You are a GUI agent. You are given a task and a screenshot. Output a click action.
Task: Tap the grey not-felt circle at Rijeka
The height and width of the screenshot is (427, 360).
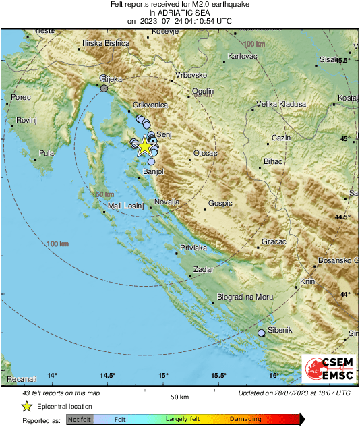104,88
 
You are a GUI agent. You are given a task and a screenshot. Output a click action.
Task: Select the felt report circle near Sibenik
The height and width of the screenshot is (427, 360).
262,333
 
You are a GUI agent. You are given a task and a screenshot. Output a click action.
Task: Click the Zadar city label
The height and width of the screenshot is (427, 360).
204,270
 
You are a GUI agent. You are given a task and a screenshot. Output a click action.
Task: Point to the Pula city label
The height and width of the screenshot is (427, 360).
47,153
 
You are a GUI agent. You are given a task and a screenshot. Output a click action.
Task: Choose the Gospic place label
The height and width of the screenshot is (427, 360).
220,203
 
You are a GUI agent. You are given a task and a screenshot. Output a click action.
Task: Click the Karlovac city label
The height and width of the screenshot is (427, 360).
243,57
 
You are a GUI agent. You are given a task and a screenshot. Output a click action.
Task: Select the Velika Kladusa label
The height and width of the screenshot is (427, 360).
281,105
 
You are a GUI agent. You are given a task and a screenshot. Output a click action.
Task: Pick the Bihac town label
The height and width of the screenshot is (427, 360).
273,163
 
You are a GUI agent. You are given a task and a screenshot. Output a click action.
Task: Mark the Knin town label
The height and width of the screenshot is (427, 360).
308,281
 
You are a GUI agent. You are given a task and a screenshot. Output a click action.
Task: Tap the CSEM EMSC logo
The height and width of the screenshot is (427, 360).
328,370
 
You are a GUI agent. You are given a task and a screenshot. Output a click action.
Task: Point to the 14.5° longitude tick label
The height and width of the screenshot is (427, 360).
108,376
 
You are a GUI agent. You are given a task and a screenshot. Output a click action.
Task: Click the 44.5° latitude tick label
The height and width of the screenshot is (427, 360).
344,217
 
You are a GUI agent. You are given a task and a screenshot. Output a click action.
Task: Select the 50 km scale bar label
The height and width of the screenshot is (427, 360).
179,396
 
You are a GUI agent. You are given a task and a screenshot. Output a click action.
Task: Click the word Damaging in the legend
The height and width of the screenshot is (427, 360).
245,419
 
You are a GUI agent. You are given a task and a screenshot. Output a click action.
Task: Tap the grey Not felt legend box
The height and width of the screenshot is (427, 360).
80,419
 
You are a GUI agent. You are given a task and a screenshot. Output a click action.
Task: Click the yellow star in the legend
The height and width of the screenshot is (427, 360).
26,406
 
